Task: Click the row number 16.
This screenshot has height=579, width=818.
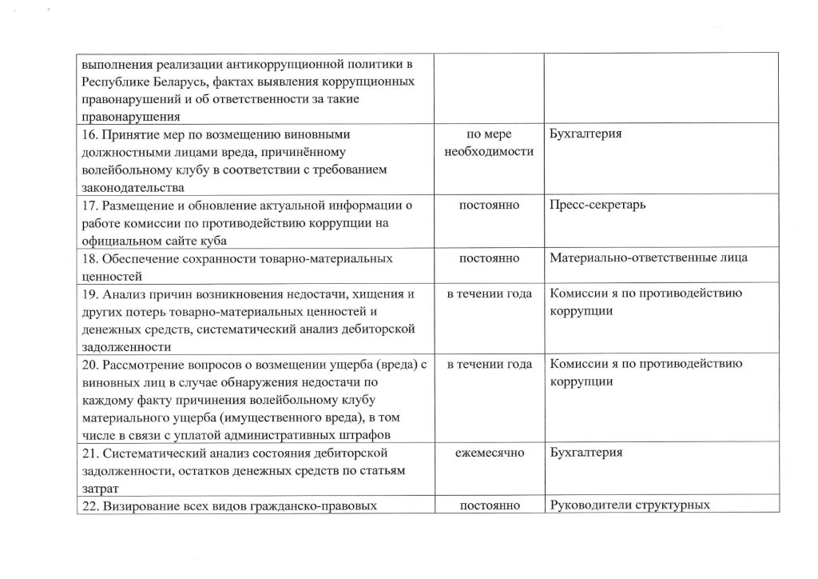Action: click(x=87, y=134)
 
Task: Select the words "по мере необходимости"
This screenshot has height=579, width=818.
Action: click(x=489, y=143)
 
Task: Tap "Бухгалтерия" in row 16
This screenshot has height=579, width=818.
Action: click(x=586, y=134)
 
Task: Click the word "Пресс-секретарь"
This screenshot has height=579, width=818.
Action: click(x=598, y=205)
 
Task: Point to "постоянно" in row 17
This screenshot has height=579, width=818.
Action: click(x=489, y=205)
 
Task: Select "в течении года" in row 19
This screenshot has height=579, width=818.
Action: click(x=489, y=293)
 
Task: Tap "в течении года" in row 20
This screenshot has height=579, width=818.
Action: click(x=489, y=365)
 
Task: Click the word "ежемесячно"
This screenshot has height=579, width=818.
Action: click(x=489, y=453)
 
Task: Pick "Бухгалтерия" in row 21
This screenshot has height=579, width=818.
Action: click(x=586, y=453)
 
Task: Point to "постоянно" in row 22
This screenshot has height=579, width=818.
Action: click(x=489, y=505)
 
